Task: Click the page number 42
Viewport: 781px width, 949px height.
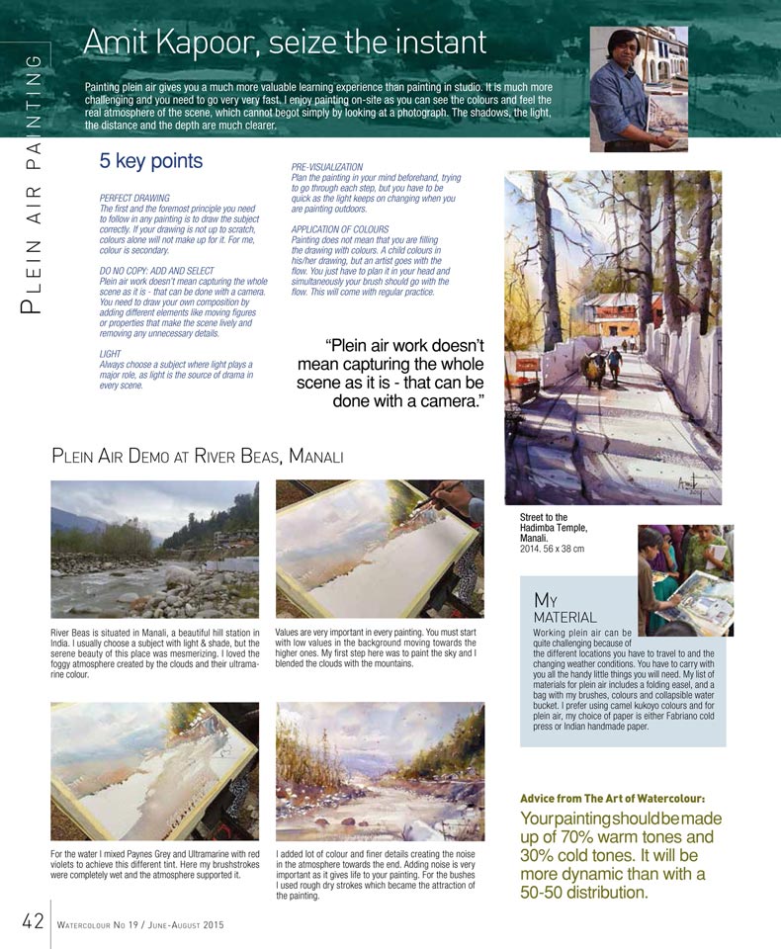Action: [32, 921]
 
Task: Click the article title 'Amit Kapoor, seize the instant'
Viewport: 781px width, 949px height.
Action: [285, 43]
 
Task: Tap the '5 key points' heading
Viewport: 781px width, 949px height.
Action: [150, 161]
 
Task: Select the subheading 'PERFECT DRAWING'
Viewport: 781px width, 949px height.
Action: [135, 199]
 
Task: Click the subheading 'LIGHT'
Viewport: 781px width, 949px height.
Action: [111, 353]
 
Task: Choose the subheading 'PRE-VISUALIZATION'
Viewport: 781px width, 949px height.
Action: [327, 167]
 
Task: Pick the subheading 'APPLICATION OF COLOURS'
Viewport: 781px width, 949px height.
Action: [339, 229]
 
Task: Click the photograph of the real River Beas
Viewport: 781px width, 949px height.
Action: [154, 549]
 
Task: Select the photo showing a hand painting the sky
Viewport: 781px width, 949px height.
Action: [380, 549]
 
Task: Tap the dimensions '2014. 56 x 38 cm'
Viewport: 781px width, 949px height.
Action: [553, 549]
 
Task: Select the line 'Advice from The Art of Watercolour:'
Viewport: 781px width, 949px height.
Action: [612, 798]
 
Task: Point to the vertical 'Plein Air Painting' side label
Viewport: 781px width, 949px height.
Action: [33, 183]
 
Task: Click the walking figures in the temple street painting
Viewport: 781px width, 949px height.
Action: [605, 366]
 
